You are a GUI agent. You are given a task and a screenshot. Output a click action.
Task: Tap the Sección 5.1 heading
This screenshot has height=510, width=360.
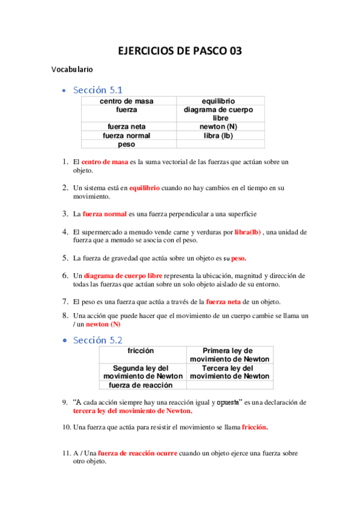(98, 90)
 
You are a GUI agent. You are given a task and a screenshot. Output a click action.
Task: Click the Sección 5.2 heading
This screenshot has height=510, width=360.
(98, 340)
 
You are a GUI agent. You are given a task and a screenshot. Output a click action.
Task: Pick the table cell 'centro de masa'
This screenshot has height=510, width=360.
(126, 101)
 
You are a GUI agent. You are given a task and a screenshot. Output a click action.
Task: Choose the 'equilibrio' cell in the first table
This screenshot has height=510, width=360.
(218, 101)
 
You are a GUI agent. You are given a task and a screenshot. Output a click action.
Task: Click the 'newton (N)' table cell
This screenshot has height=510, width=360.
(218, 127)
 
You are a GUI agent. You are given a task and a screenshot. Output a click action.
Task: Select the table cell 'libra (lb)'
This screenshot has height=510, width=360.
(218, 136)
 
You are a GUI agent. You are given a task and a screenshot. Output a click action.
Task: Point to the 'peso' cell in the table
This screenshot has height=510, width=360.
(126, 144)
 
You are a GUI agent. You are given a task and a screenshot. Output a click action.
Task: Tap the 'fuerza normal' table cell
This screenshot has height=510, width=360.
(126, 136)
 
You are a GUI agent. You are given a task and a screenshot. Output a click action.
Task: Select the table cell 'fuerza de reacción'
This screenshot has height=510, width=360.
(142, 385)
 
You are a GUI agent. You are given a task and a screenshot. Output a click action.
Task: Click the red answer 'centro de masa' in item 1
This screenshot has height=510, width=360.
(105, 162)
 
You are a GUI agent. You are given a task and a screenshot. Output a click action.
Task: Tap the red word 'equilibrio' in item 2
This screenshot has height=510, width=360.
(144, 188)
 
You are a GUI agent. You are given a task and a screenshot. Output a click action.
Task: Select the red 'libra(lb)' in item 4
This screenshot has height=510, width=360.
(247, 232)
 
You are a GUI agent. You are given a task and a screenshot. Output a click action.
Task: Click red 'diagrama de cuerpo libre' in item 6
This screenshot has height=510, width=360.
(123, 275)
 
